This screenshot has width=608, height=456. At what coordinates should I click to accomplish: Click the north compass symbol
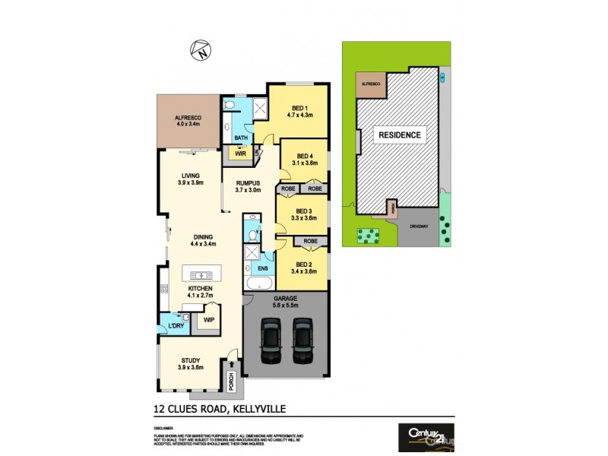pos(201,52)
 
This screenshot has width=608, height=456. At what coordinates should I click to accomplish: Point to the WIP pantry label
pos(208,321)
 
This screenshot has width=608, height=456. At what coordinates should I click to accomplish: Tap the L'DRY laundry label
pos(176,326)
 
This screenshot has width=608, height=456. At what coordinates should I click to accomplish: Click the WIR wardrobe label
pos(240,153)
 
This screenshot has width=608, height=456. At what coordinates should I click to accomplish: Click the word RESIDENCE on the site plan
pos(400,135)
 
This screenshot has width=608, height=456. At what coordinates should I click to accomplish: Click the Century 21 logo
pos(426,438)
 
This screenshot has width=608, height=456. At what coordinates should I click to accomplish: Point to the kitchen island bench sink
pos(201,275)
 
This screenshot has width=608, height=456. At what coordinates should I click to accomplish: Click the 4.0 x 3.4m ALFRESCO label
pos(187,120)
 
